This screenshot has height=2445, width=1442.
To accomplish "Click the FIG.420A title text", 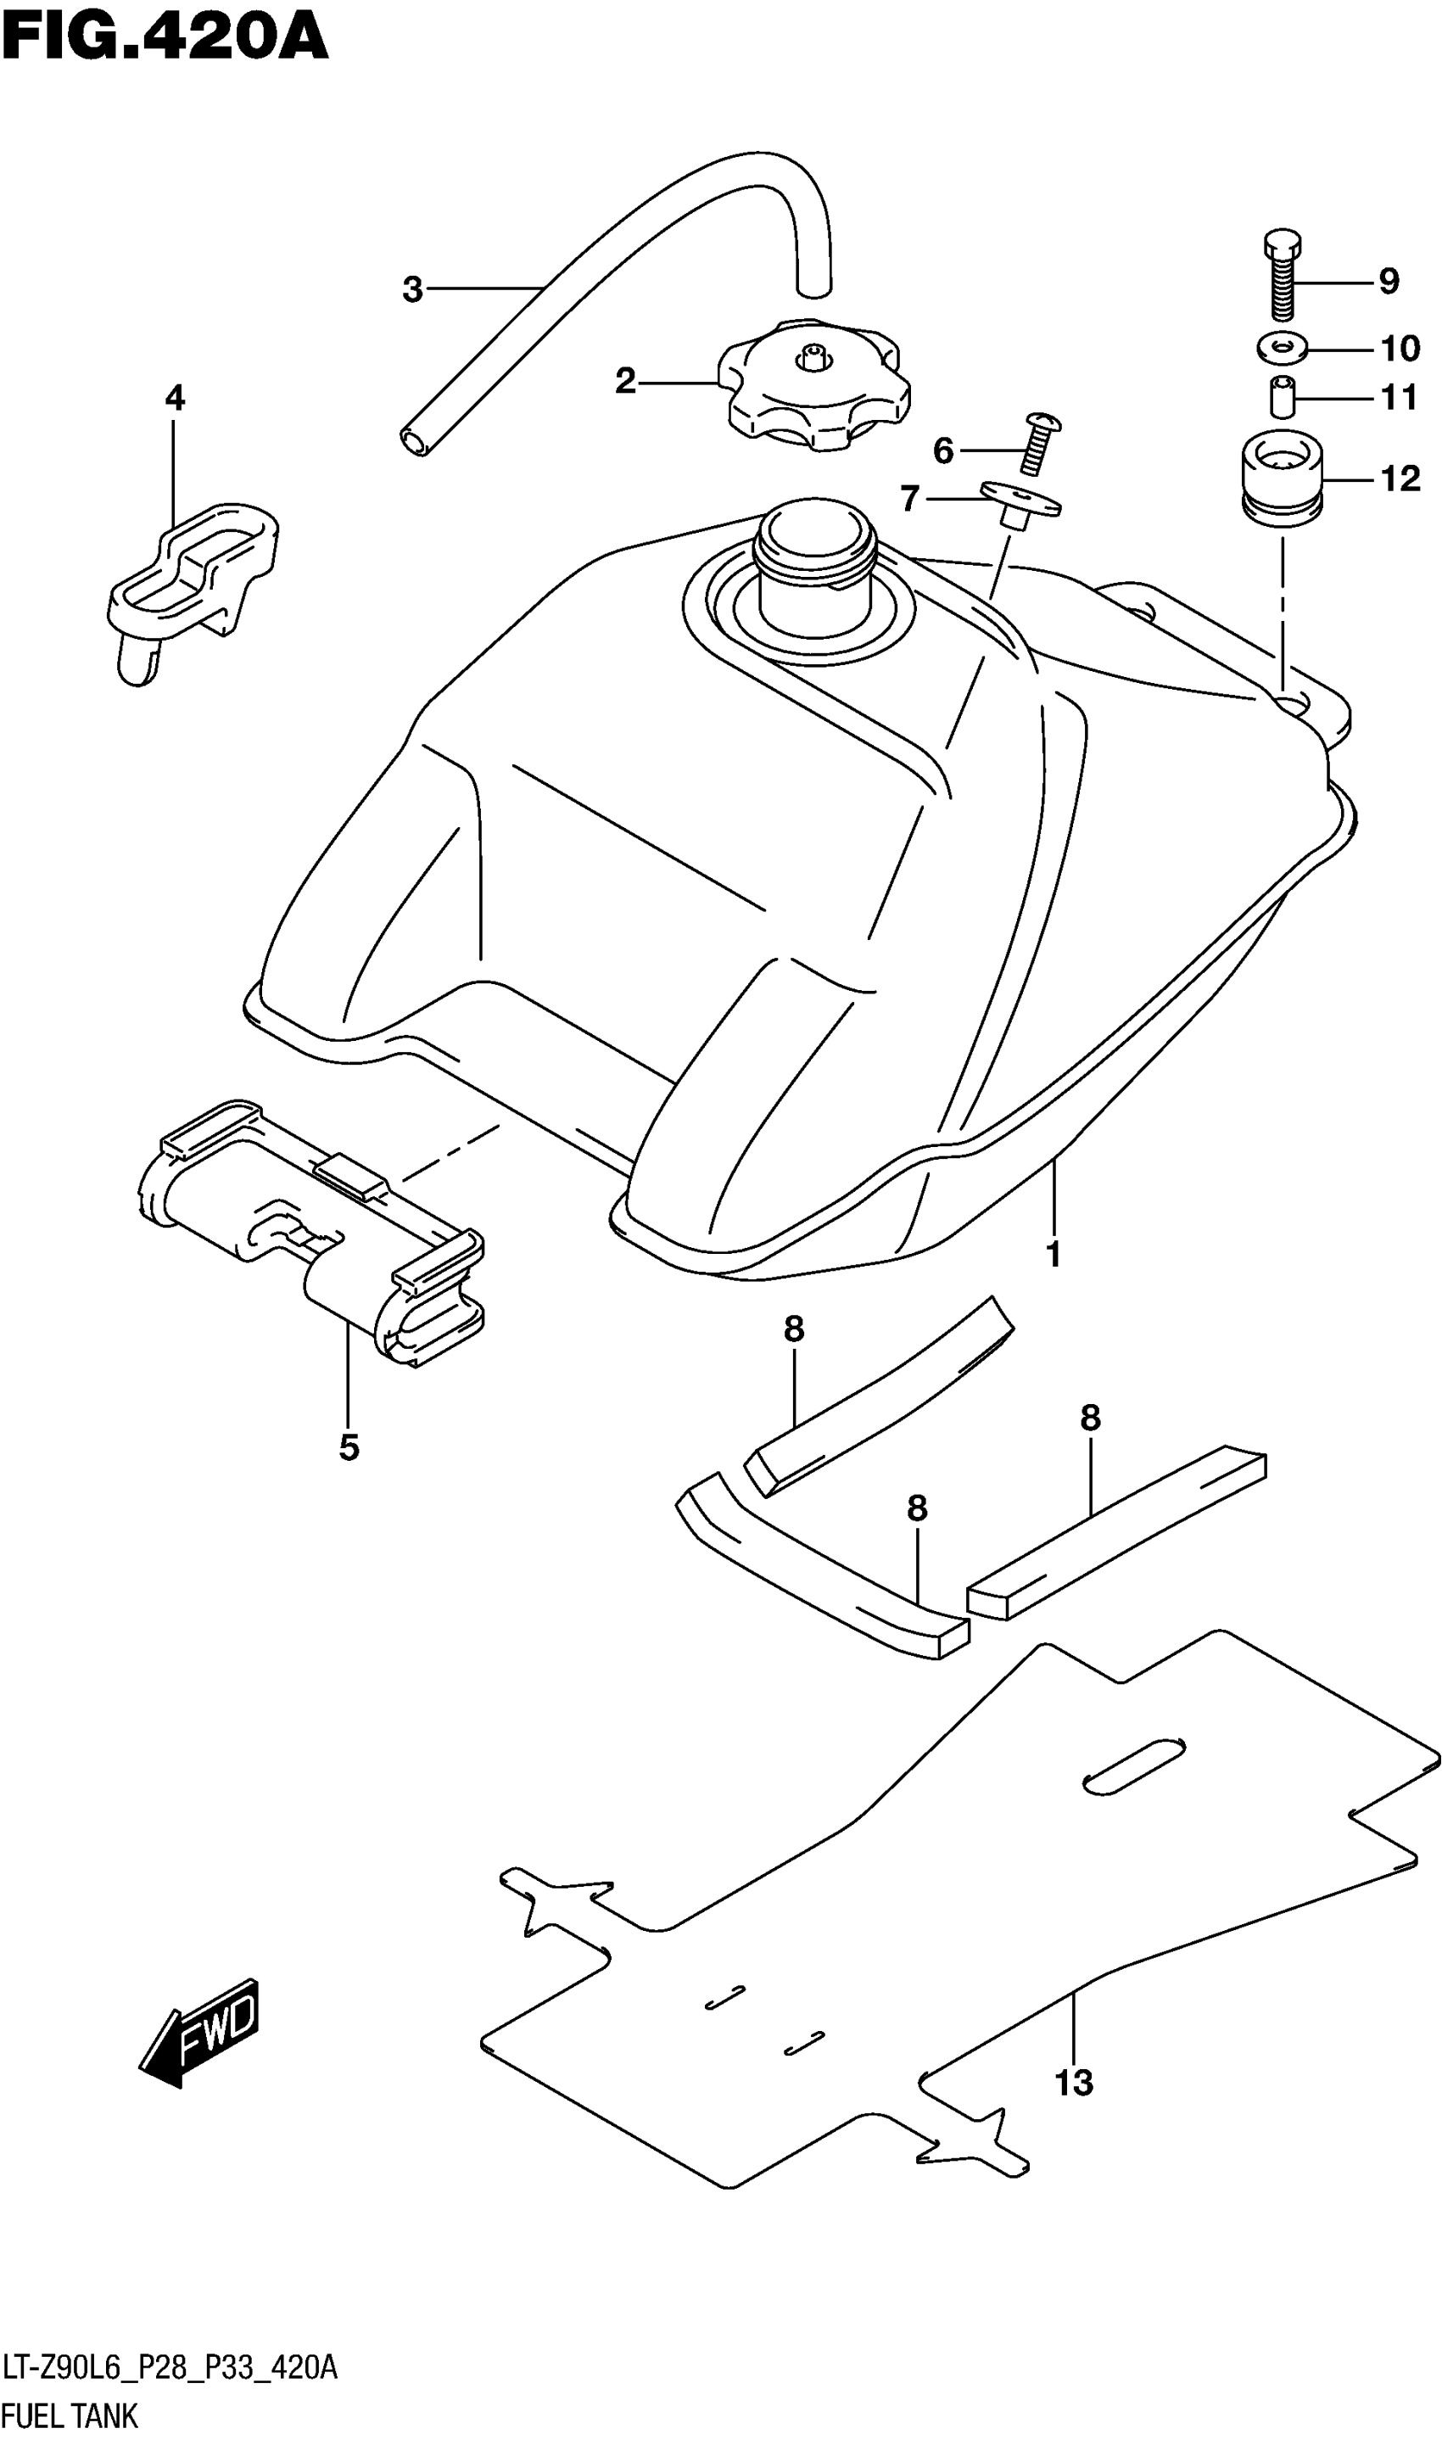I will click(165, 41).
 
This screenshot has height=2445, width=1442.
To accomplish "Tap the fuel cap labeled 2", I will click(814, 389).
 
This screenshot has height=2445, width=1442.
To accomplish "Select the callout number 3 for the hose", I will click(413, 289).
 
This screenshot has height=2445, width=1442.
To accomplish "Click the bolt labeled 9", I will click(1283, 277).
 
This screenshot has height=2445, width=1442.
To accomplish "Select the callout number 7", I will click(909, 500).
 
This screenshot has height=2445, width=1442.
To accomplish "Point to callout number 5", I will click(349, 1448).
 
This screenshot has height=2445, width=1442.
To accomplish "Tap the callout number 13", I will click(1075, 2083).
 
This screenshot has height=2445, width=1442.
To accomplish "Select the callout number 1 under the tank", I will click(1054, 1255).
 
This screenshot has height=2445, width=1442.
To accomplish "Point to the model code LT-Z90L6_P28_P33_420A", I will click(170, 2369).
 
